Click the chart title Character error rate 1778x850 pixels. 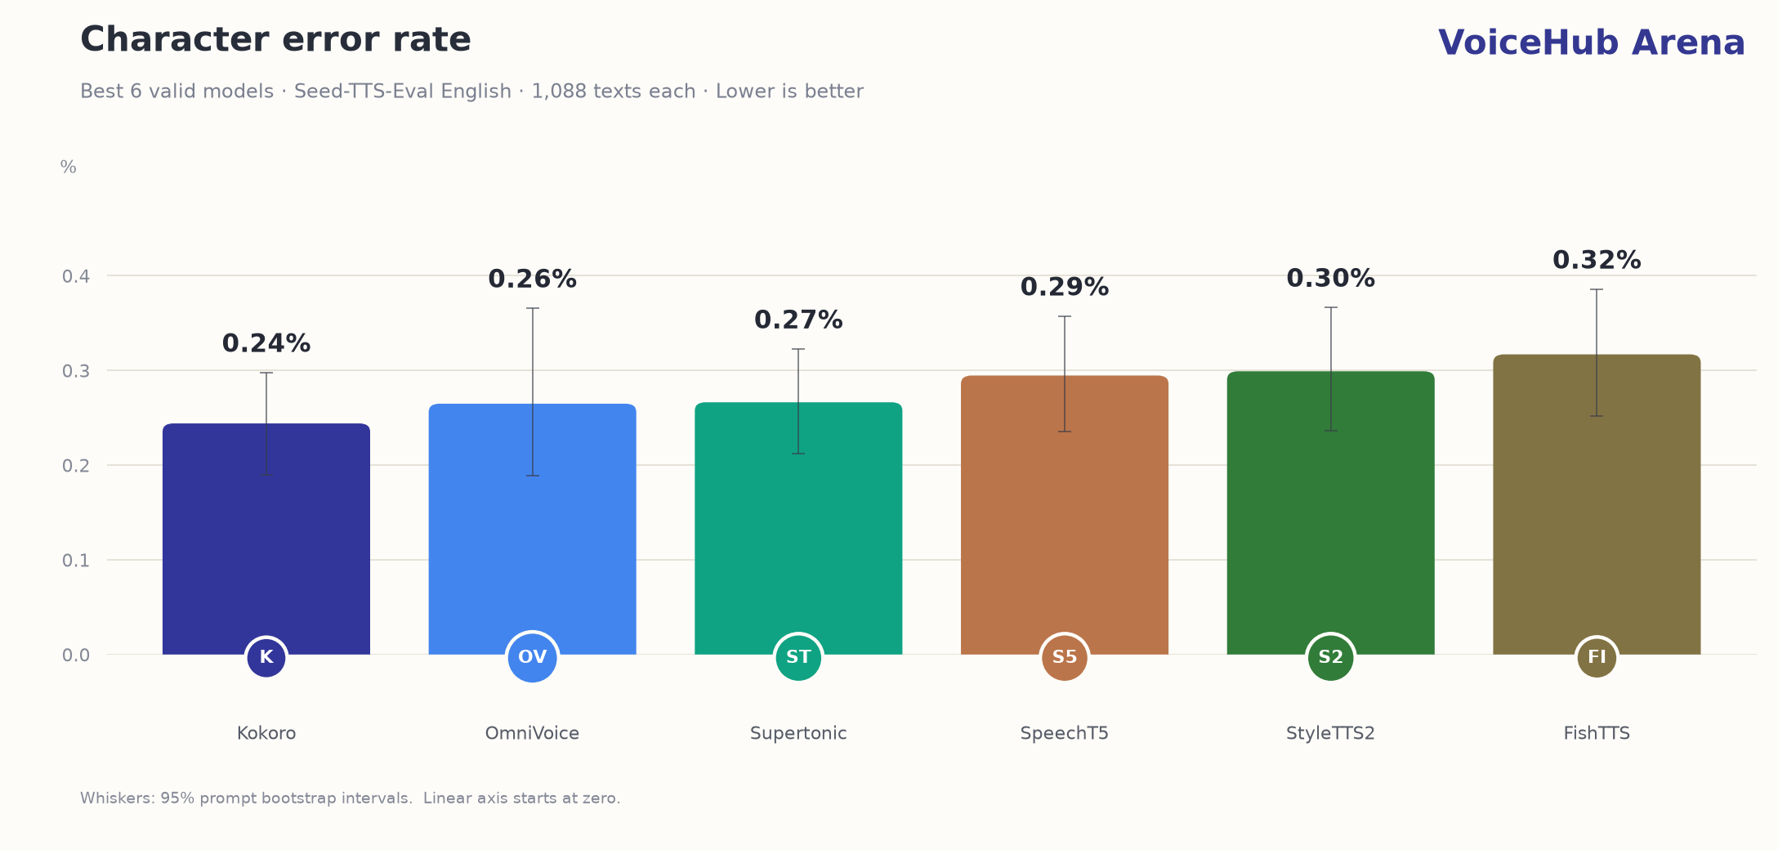coord(275,40)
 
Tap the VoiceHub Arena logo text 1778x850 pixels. coord(1591,42)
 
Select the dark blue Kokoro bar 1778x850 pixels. coord(266,539)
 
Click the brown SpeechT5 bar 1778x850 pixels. coord(1065,515)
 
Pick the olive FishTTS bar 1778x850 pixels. coord(1597,504)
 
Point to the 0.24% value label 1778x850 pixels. coord(266,343)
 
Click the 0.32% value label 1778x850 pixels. coord(1597,260)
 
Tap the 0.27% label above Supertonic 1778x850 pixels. coord(798,320)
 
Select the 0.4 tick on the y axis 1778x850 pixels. coord(76,276)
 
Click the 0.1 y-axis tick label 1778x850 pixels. coord(76,561)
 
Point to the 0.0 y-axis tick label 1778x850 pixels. coord(76,655)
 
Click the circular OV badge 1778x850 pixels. coord(533,657)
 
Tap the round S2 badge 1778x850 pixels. coord(1331,657)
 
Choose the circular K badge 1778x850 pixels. coord(266,657)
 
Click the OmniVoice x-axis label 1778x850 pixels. coord(533,733)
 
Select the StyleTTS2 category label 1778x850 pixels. coord(1331,733)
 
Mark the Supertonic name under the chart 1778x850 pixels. coord(798,733)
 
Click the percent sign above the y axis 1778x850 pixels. coord(69,167)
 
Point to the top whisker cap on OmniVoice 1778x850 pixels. coord(533,308)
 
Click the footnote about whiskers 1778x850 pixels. coord(351,799)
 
